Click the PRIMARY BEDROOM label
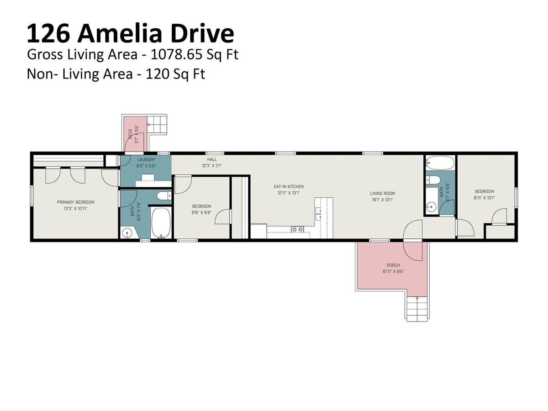(x=76, y=202)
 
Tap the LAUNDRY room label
(x=146, y=159)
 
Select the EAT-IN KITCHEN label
(x=289, y=186)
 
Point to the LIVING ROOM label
(x=383, y=193)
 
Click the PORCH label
(x=393, y=265)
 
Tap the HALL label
(x=212, y=159)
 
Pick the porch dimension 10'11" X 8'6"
(x=393, y=272)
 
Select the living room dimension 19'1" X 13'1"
(x=383, y=200)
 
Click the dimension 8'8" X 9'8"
(x=202, y=213)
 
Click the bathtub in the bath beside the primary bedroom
(x=161, y=223)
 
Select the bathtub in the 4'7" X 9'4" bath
(x=440, y=163)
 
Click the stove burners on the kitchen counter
(x=297, y=229)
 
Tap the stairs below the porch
(x=416, y=309)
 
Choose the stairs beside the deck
(x=157, y=125)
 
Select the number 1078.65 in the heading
(x=176, y=54)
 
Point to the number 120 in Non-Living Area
(x=154, y=74)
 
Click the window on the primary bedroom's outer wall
(x=32, y=196)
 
